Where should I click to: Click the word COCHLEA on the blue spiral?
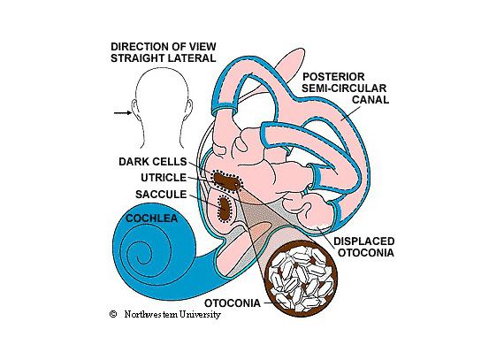click(x=151, y=218)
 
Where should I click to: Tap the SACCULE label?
click(x=161, y=195)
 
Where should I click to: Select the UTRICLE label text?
click(x=164, y=178)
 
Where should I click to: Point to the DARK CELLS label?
click(x=153, y=161)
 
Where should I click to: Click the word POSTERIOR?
click(x=333, y=77)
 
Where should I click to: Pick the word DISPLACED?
click(x=364, y=241)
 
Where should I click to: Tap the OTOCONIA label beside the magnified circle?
click(x=233, y=303)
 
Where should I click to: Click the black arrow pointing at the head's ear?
click(x=123, y=113)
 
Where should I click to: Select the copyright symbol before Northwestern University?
click(x=113, y=314)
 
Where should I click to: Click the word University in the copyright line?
click(x=200, y=314)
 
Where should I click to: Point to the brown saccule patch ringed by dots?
click(x=224, y=208)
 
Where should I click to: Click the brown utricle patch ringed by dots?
click(x=226, y=181)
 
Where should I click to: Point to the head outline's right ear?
click(x=190, y=108)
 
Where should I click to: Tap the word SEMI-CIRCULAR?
click(x=344, y=88)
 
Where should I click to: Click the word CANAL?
click(x=370, y=99)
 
